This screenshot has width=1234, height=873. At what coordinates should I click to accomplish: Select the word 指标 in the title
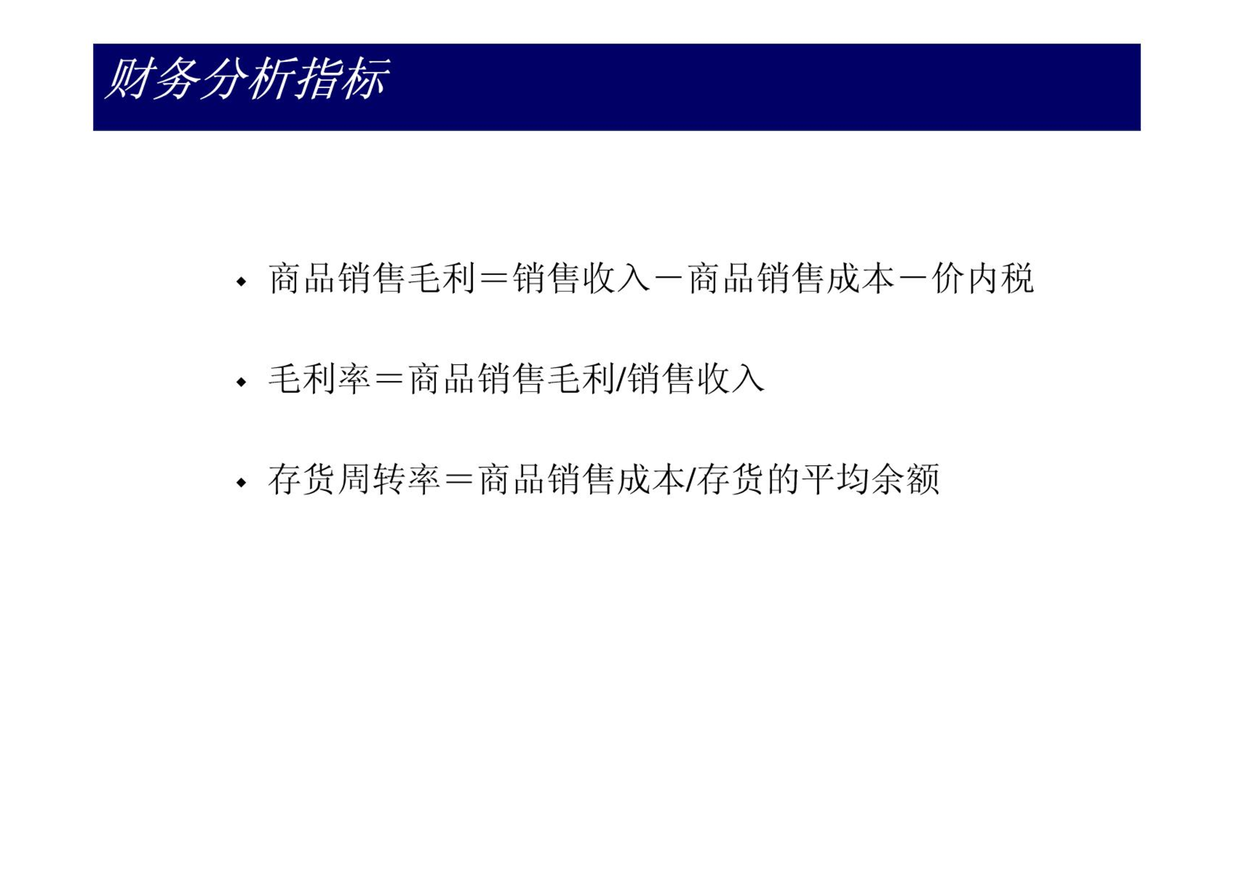tap(342, 79)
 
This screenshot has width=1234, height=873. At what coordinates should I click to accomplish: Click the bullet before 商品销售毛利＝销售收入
tap(241, 282)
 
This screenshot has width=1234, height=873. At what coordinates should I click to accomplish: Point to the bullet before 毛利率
tap(241, 382)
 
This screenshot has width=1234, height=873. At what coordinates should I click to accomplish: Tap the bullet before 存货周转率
tap(241, 483)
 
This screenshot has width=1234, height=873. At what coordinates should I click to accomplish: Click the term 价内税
tap(982, 279)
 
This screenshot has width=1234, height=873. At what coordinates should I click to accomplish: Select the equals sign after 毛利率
tap(390, 379)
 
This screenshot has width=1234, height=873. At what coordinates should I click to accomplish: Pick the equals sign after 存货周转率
tap(459, 480)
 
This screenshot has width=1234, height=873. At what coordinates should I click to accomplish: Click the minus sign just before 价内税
tap(913, 279)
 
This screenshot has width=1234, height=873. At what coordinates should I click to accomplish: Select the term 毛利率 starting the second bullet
tap(319, 379)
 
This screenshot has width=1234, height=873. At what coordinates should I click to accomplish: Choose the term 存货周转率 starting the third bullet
tap(354, 480)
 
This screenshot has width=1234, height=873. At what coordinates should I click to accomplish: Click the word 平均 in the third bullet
tap(836, 480)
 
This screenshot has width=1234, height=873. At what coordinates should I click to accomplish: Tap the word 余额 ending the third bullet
tap(905, 480)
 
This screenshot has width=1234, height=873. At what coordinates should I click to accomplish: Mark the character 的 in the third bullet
tap(784, 480)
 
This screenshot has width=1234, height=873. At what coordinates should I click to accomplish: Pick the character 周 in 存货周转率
tap(354, 480)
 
